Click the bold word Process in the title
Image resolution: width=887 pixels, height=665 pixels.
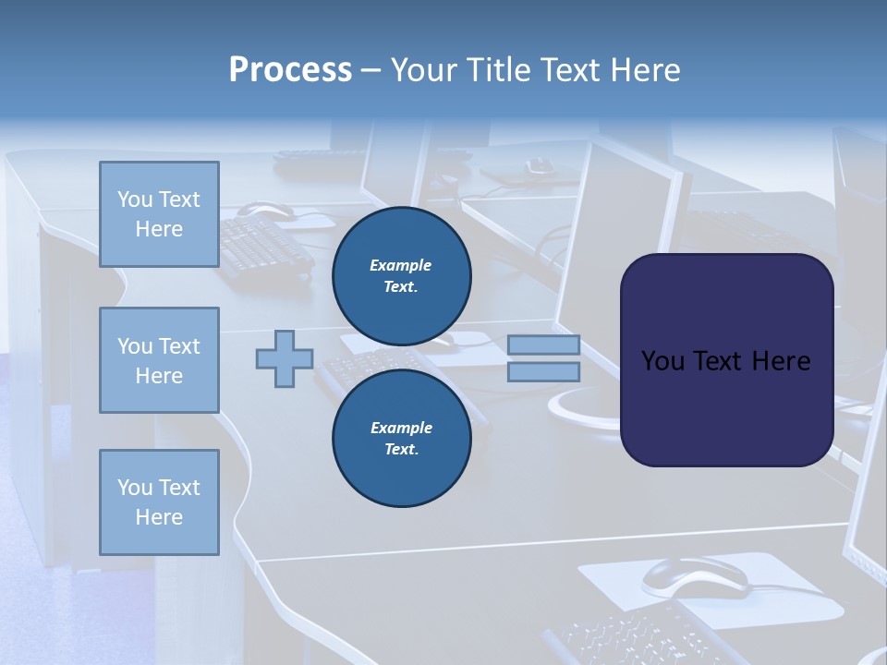pos(290,70)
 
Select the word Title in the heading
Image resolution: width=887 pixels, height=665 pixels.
pos(497,70)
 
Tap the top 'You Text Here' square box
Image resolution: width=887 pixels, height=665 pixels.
pos(159,214)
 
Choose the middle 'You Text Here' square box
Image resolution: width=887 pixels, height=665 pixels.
pos(159,360)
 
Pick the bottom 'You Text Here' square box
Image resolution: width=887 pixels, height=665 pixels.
pos(159,502)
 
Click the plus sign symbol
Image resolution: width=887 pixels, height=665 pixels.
pos(285,358)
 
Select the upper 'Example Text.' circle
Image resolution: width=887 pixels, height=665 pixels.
pos(401,275)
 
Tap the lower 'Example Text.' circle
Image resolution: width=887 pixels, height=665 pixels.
pos(401,438)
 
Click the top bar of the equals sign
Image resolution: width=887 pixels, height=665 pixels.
pos(543,345)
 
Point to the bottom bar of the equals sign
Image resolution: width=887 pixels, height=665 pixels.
pos(543,372)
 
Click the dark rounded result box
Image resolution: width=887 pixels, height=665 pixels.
pos(726,360)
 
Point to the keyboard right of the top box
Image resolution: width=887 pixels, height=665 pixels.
pos(263,246)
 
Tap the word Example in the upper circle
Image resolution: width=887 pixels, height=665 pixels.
pos(401,265)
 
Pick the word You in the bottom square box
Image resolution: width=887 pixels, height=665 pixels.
pos(134,488)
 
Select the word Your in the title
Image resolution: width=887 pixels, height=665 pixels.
pos(426,70)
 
